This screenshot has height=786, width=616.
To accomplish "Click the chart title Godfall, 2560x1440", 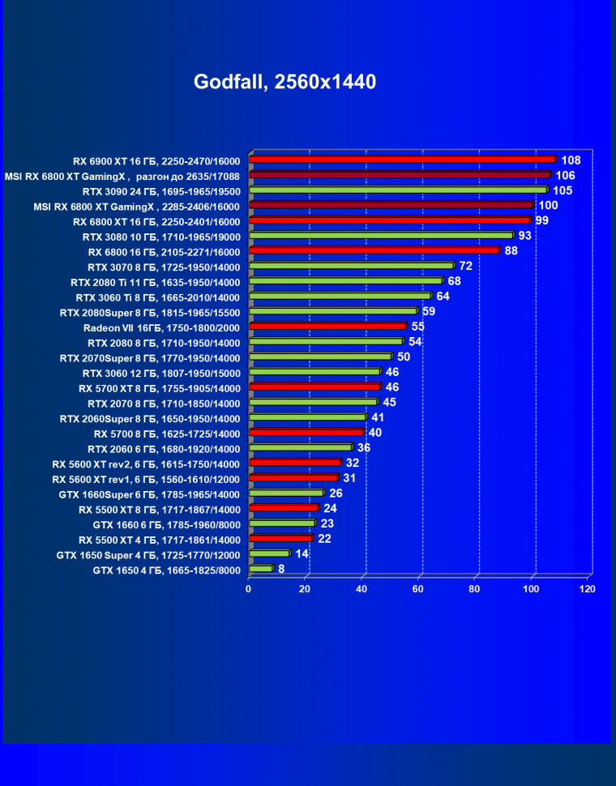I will point(284,82).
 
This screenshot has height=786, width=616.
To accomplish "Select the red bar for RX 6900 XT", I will point(403,160).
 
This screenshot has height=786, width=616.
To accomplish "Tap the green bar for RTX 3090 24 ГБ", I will point(399,190).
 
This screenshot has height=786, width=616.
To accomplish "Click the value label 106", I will point(565,175).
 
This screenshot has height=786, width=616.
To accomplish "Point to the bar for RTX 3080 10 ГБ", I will point(382,235).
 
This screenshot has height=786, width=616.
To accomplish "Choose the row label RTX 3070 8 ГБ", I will point(164,267).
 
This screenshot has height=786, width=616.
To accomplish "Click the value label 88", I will point(511,250).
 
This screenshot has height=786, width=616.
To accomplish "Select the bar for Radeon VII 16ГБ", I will point(328,326).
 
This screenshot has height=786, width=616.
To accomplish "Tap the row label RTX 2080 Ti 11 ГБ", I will point(156,282).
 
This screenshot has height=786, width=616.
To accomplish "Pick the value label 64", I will point(443,296).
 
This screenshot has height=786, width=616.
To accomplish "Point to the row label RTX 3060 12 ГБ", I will point(161,374).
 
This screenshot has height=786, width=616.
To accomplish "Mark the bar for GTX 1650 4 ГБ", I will point(262,569).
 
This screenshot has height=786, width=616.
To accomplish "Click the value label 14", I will point(302,553).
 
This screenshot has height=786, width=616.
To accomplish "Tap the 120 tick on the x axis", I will point(587,589).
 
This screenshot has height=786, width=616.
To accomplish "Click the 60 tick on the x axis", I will point(418,589).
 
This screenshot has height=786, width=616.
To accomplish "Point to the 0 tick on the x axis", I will point(249,589).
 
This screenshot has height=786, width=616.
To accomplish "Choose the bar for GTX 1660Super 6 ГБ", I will point(287,493).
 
